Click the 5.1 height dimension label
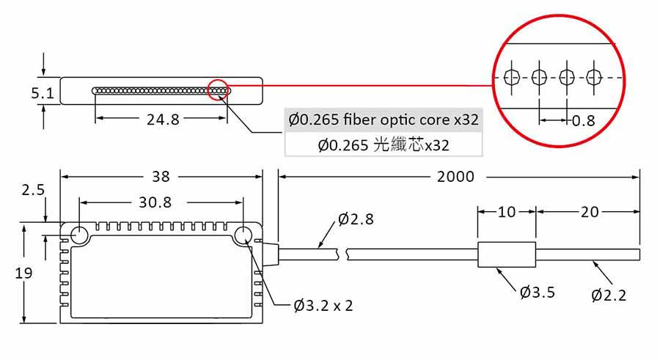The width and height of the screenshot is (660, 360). point(42,93)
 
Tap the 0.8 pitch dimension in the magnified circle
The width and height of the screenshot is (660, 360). point(584,120)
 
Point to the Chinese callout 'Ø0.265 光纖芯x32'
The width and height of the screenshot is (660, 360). point(384,144)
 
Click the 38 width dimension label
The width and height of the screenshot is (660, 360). point(161,177)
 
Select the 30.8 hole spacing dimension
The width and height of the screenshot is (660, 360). point(155,202)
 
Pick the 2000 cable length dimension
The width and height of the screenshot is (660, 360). point(455,177)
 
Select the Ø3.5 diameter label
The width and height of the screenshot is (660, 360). point(537,293)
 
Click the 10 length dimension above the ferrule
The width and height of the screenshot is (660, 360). point(507,212)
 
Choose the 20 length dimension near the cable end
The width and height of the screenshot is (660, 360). point(589,212)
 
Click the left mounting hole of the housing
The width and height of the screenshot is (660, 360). point(78,234)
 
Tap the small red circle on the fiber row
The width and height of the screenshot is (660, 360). point(219,89)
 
